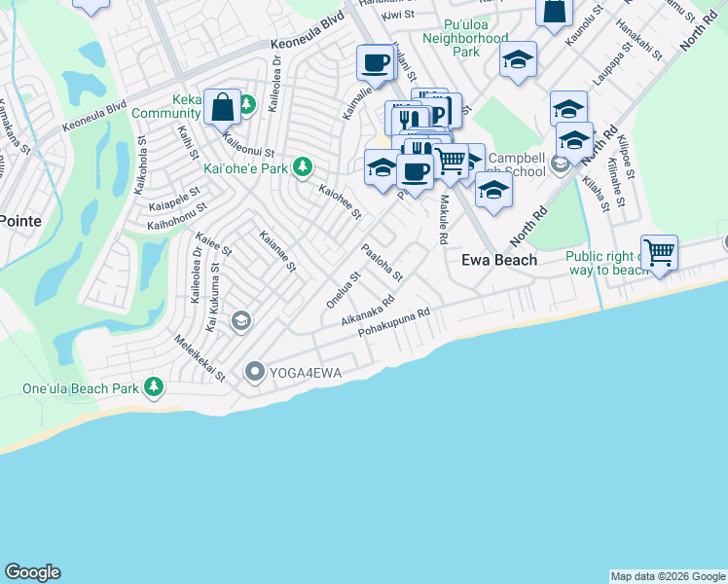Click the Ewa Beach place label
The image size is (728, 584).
pyautogui.click(x=498, y=260)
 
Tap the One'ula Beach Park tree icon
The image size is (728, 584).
pyautogui.click(x=154, y=388)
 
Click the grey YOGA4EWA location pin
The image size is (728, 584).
pyautogui.click(x=255, y=370)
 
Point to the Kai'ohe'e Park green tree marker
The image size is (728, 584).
pyautogui.click(x=303, y=167)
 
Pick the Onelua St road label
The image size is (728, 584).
pyautogui.click(x=344, y=288)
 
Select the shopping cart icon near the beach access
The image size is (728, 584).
pyautogui.click(x=660, y=253)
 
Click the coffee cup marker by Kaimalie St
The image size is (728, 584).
pyautogui.click(x=375, y=63)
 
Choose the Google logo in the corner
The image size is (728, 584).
pyautogui.click(x=32, y=572)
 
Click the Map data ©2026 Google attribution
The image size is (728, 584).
pyautogui.click(x=668, y=576)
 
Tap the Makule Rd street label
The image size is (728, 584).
pyautogui.click(x=443, y=219)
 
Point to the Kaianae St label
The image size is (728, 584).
pyautogui.click(x=277, y=250)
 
